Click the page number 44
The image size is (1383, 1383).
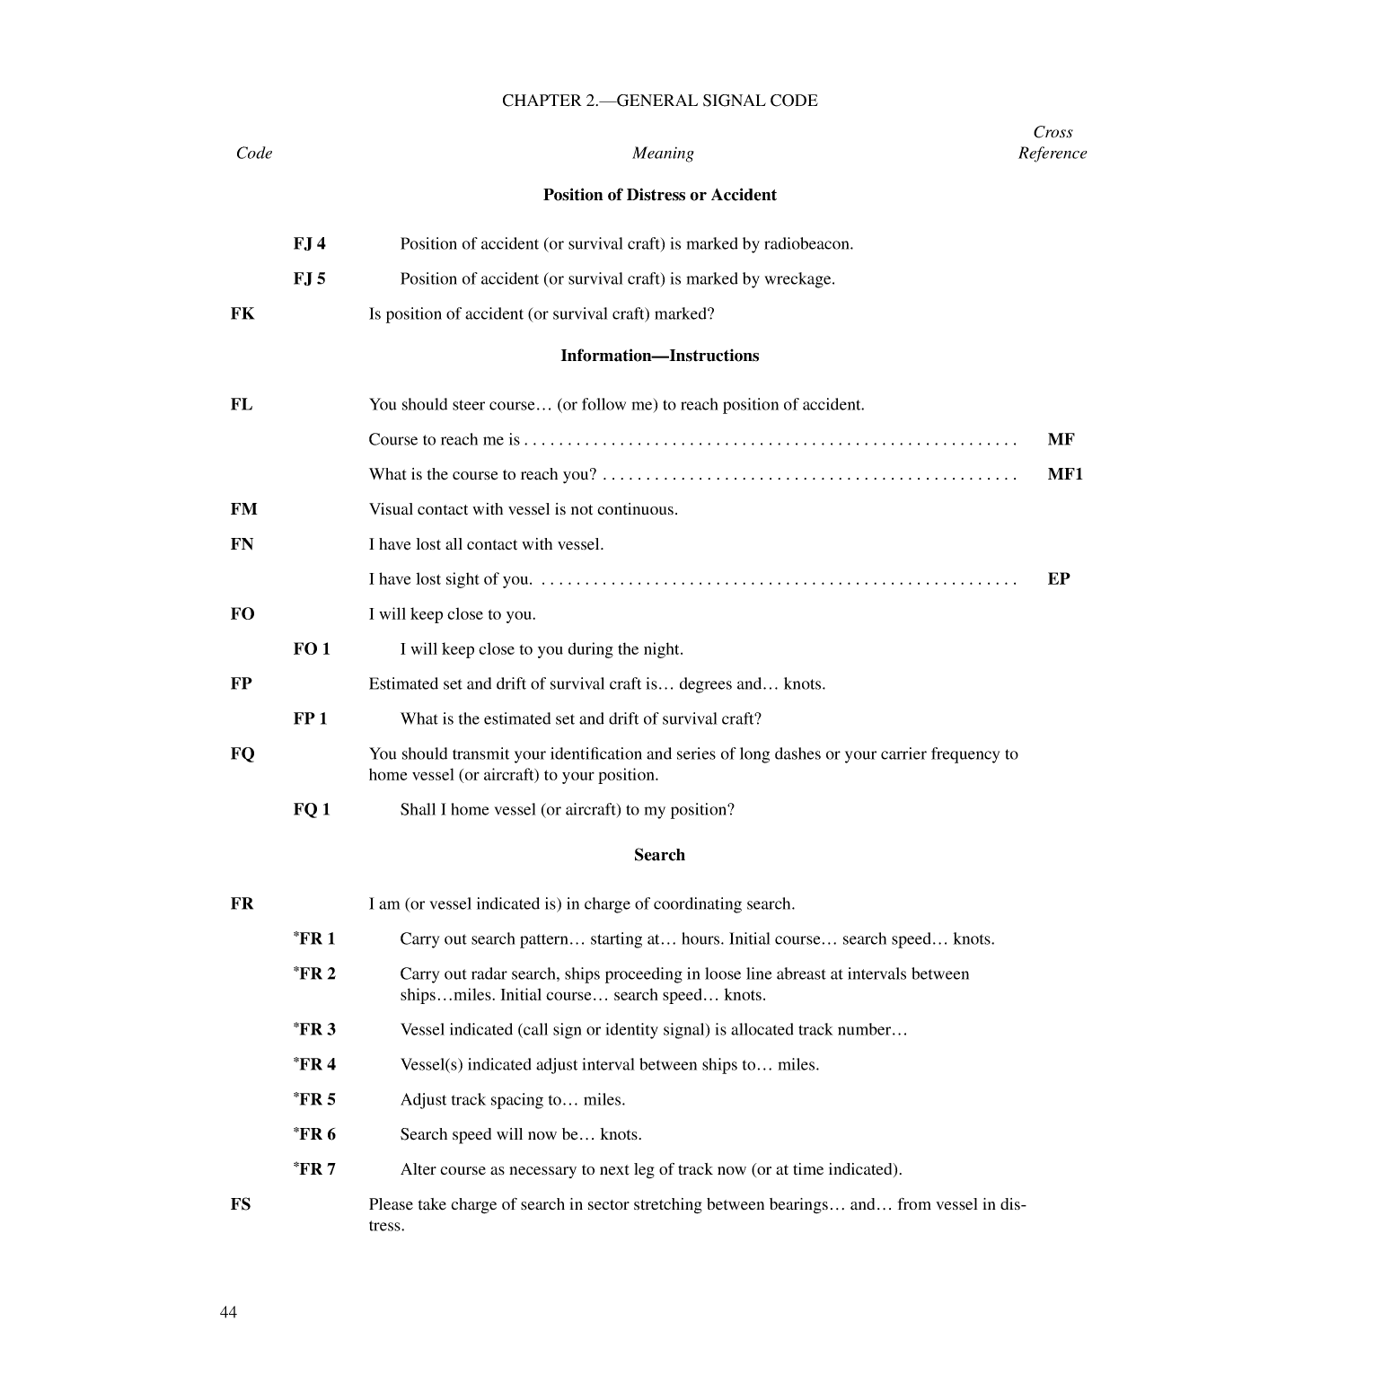pyautogui.click(x=228, y=1312)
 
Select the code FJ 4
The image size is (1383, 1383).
pyautogui.click(x=309, y=243)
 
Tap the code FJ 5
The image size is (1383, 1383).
pyautogui.click(x=309, y=278)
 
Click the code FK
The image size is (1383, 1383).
pyautogui.click(x=242, y=313)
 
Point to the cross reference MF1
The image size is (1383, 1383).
pyautogui.click(x=1065, y=474)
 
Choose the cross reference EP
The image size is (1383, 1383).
pyautogui.click(x=1059, y=578)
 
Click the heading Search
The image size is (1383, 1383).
pyautogui.click(x=659, y=855)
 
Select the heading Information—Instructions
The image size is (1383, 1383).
pyautogui.click(x=659, y=356)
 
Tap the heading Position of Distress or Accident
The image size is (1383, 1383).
pyautogui.click(x=659, y=195)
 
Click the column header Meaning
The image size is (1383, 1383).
pyautogui.click(x=663, y=154)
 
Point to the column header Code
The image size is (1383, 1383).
pyautogui.click(x=254, y=154)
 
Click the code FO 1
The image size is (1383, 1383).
pyautogui.click(x=312, y=649)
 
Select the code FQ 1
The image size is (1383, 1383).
pyautogui.click(x=312, y=809)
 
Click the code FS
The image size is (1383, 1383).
pyautogui.click(x=241, y=1204)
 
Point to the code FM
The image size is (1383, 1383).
pyautogui.click(x=243, y=509)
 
